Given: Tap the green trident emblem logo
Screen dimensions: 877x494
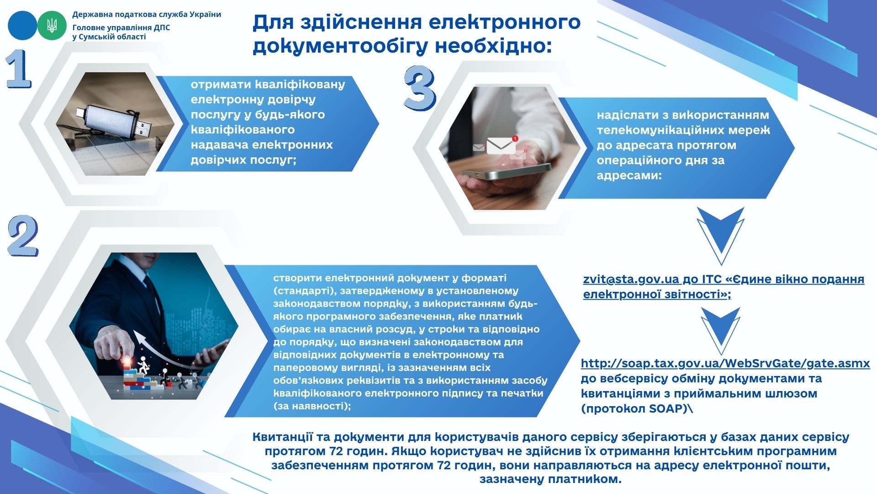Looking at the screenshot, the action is click(52, 25).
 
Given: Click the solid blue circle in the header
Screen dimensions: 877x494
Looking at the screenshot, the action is click(22, 25).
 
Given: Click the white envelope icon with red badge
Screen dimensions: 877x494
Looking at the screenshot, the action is click(502, 145).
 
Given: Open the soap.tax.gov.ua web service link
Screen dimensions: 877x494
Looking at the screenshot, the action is click(725, 364).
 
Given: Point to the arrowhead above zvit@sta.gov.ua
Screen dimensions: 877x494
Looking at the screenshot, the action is click(721, 236).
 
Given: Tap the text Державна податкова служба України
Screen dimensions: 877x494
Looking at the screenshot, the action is click(147, 14).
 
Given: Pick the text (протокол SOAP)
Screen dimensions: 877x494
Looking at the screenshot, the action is click(634, 408).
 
